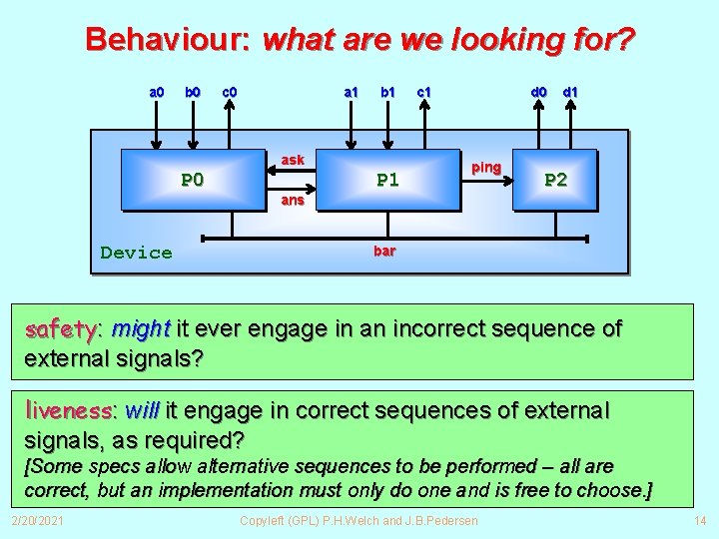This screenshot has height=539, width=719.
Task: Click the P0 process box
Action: click(192, 180)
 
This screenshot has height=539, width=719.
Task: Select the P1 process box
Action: click(387, 180)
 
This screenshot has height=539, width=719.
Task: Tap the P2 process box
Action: click(555, 180)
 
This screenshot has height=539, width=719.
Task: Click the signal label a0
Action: click(157, 93)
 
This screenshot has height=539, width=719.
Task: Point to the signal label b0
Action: click(193, 93)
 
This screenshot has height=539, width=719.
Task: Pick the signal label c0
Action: click(229, 93)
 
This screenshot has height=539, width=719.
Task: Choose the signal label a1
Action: click(351, 93)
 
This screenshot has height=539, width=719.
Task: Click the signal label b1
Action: click(387, 93)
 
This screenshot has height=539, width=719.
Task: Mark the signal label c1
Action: click(423, 93)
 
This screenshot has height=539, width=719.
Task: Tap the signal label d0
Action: click(538, 93)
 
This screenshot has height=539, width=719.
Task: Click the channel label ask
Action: click(293, 160)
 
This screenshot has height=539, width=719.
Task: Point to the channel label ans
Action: click(293, 200)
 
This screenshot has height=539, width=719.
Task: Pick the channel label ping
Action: click(486, 167)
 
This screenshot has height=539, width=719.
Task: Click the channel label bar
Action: click(384, 251)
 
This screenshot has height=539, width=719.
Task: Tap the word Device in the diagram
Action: click(136, 253)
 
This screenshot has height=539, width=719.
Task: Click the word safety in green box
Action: click(60, 328)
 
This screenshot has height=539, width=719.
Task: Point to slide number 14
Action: click(699, 521)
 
